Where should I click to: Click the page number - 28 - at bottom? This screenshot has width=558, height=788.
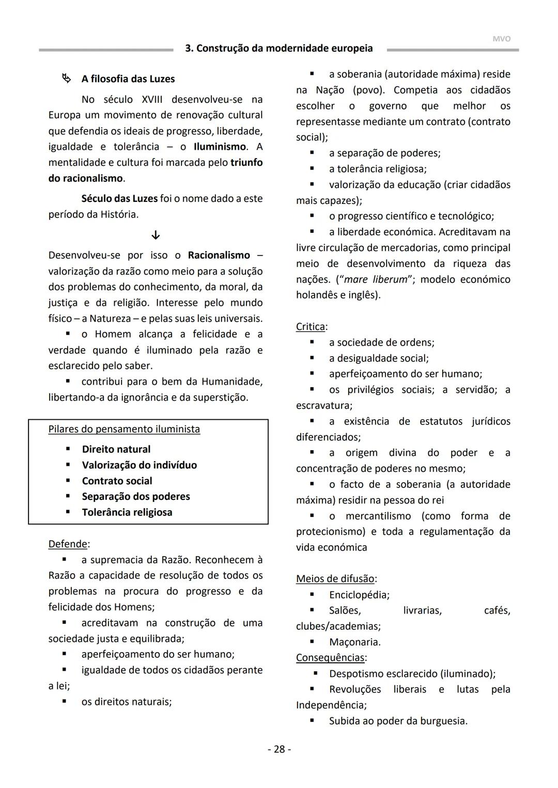tap(279, 749)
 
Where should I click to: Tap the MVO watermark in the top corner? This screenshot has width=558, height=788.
tap(501, 39)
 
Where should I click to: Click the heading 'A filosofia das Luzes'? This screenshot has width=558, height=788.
tap(128, 79)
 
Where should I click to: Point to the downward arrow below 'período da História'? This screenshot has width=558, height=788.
tap(156, 235)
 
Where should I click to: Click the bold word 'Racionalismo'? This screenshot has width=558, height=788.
tap(219, 255)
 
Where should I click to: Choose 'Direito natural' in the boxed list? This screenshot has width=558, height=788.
tap(116, 449)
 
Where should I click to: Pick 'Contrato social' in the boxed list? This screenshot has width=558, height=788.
tap(117, 481)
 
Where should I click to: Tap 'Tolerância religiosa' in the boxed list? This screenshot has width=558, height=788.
tap(127, 512)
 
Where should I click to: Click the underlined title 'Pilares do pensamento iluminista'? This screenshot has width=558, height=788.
tap(124, 429)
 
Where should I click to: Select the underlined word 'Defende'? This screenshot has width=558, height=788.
tap(68, 544)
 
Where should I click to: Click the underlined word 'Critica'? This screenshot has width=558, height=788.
tap(311, 326)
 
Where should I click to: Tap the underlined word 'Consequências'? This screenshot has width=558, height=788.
tap(330, 657)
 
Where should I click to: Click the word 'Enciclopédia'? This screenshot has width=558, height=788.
tap(358, 595)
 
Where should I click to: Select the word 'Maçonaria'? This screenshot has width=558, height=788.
tap(354, 642)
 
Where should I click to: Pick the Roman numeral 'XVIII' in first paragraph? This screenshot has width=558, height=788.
tap(152, 99)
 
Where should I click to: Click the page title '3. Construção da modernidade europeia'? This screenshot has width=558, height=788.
tap(279, 49)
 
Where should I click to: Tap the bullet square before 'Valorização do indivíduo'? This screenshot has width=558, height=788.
tap(68, 465)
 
